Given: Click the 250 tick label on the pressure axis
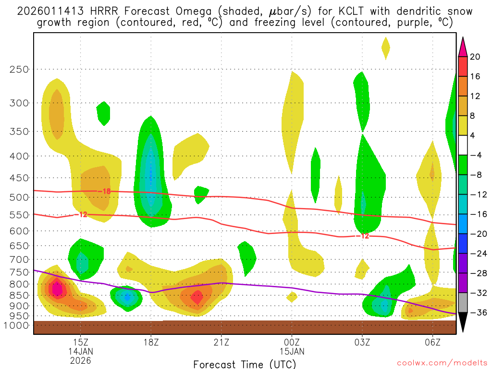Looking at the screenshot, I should point(19,70).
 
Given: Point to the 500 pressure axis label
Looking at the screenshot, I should point(19,197).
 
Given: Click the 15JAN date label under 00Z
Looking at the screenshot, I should point(292,351).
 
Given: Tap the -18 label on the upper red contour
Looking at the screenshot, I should point(104,191).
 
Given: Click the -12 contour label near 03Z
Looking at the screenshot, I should point(362,235).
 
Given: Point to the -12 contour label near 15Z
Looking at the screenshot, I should point(81,214).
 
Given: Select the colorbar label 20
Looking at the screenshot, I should point(475,57).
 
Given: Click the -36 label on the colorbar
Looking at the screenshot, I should point(477,313).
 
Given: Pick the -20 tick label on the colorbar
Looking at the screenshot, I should point(477,234).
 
